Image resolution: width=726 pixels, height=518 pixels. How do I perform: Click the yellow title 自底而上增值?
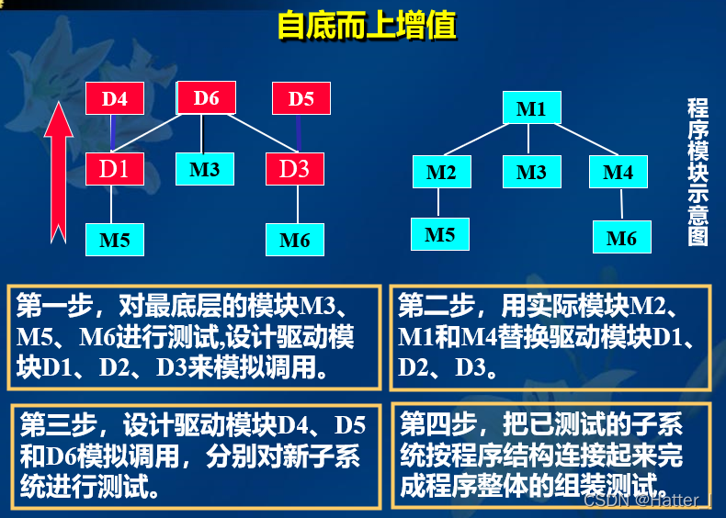tap(366, 25)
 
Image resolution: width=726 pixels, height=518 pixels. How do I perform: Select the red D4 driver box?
tap(114, 99)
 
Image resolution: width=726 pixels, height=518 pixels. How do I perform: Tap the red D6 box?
tap(206, 98)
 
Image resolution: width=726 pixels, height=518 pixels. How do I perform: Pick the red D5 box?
tap(301, 99)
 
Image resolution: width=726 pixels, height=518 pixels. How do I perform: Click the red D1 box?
tap(114, 169)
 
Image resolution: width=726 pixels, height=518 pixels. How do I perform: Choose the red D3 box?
tap(295, 169)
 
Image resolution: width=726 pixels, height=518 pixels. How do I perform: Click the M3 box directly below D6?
tap(204, 169)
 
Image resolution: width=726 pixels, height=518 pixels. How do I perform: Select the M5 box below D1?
tap(114, 240)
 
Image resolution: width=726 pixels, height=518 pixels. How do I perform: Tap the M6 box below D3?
tap(295, 240)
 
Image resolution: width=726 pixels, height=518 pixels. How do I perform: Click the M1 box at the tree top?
tap(530, 109)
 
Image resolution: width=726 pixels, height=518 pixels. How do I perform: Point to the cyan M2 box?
tap(441, 172)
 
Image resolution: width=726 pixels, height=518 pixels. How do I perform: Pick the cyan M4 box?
tap(618, 172)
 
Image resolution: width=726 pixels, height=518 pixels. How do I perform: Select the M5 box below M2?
tap(440, 234)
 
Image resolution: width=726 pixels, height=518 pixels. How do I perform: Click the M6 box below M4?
tap(621, 238)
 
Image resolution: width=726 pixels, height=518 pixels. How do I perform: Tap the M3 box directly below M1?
tap(531, 172)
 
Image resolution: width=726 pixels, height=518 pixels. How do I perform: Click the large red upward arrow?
tap(59, 175)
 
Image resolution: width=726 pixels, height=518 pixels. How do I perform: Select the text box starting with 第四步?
tap(550, 455)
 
